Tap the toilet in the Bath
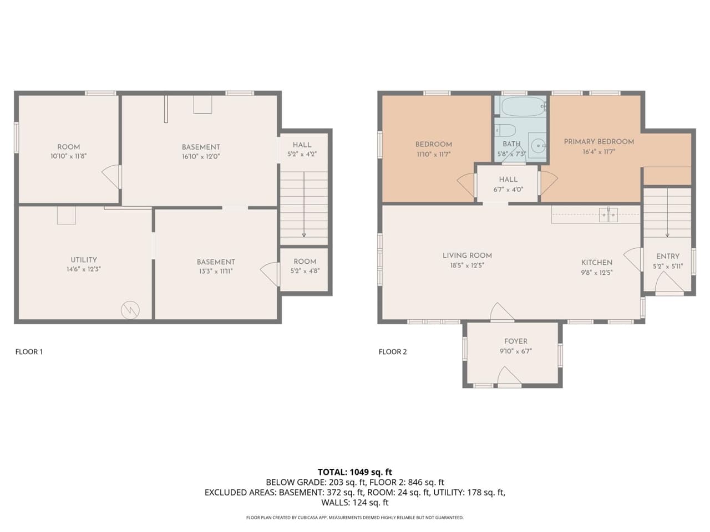point(506,131)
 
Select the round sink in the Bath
point(537,145)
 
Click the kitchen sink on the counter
point(608,215)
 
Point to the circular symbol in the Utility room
point(130,310)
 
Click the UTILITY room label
point(84,259)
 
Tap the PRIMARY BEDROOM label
point(599,141)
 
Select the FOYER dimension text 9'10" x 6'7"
point(515,351)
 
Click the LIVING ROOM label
point(467,255)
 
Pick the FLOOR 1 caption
point(29,351)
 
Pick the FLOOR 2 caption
point(393,351)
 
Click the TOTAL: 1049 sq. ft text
point(355,472)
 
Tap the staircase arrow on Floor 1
point(303,205)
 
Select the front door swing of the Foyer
point(509,378)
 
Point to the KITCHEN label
point(596,262)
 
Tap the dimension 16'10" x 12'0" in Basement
point(201,156)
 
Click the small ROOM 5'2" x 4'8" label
point(305,266)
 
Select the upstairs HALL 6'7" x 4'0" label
point(508,184)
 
